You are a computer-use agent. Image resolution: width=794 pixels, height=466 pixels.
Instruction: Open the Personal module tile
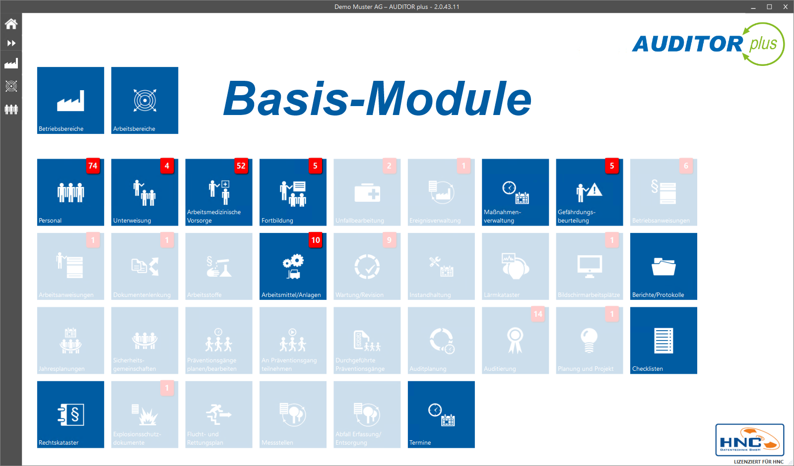[70, 192]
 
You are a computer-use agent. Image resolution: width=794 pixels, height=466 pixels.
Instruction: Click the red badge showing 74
[93, 166]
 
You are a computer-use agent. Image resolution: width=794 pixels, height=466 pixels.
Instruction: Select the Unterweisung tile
[144, 192]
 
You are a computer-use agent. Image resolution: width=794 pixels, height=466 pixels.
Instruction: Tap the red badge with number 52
[241, 166]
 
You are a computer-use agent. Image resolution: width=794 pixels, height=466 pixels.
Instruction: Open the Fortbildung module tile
[293, 192]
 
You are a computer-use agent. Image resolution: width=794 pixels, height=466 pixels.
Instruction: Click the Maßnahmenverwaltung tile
[515, 192]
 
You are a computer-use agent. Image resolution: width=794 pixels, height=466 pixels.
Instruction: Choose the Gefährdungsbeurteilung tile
[589, 192]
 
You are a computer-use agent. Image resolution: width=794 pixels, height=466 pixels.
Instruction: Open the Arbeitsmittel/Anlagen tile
[293, 267]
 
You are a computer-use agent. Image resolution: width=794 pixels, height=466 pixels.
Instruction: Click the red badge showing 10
[316, 240]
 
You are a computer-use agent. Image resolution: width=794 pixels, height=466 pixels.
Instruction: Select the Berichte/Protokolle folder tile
[663, 267]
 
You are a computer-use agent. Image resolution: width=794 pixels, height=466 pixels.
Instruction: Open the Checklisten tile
[663, 341]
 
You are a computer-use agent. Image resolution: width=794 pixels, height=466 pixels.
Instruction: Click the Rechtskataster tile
[70, 414]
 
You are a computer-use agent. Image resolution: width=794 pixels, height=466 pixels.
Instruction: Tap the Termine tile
[441, 414]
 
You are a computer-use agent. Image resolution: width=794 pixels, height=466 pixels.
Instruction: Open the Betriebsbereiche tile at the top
[70, 100]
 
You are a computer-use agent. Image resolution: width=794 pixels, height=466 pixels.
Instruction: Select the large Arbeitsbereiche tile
[144, 100]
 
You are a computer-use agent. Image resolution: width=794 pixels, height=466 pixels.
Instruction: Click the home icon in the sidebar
[11, 24]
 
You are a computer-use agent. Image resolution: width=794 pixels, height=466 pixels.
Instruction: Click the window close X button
[786, 7]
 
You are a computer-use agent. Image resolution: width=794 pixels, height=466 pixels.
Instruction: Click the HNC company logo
[749, 440]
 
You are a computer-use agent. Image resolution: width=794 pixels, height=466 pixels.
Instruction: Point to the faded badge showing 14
[538, 314]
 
